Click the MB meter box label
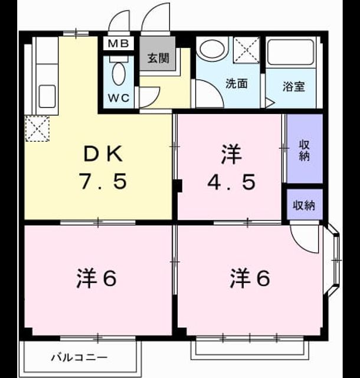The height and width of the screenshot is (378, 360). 118,44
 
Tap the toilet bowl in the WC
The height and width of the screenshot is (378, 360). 119,73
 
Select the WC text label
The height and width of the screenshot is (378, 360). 119,98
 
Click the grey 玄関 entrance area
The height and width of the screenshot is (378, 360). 158,54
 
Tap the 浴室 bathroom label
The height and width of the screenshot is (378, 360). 294,87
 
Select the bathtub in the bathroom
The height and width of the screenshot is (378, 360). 291,52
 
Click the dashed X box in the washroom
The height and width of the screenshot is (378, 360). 247,50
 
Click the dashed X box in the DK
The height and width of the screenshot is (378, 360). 37,129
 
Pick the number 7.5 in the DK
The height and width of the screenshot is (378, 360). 104,181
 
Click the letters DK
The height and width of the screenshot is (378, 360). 103,154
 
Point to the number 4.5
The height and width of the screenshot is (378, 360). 231,182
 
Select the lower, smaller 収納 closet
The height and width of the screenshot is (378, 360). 305,204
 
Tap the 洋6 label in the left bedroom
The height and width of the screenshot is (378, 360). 97,278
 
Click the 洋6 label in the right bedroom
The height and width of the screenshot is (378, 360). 250,278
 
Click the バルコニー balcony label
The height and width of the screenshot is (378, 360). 79,357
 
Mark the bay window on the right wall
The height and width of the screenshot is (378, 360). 333,260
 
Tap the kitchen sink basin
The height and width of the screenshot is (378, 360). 47,96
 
